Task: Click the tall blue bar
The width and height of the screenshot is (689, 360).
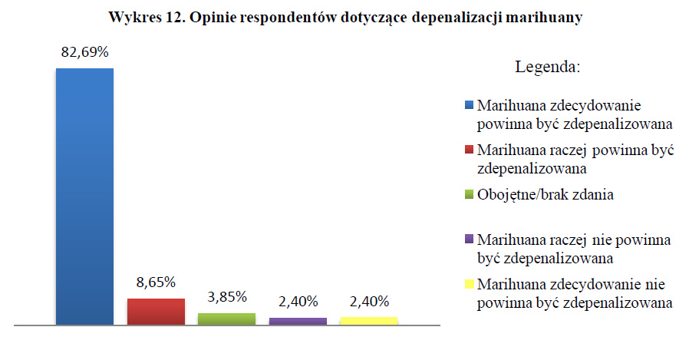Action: point(84,197)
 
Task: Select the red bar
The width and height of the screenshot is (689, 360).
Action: point(156,312)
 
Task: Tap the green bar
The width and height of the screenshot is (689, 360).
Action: point(226,319)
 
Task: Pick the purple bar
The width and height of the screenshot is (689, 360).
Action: point(298,321)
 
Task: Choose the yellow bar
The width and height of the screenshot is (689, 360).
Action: point(368,321)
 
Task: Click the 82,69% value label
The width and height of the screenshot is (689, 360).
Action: point(84,53)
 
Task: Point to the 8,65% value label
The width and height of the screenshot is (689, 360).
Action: point(156,282)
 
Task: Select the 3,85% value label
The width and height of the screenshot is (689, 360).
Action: point(226,296)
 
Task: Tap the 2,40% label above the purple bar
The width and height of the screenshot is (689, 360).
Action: point(298,301)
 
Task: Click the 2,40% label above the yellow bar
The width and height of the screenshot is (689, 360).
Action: point(368,301)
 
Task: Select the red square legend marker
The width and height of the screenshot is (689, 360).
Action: point(470,150)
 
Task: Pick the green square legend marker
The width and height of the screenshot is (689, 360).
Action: point(470,195)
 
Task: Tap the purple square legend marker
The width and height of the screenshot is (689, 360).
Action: point(470,239)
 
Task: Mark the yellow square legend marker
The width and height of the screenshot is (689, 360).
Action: point(470,285)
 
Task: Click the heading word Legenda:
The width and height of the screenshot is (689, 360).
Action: point(546,68)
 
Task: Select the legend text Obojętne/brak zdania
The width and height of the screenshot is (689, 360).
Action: point(545,195)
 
